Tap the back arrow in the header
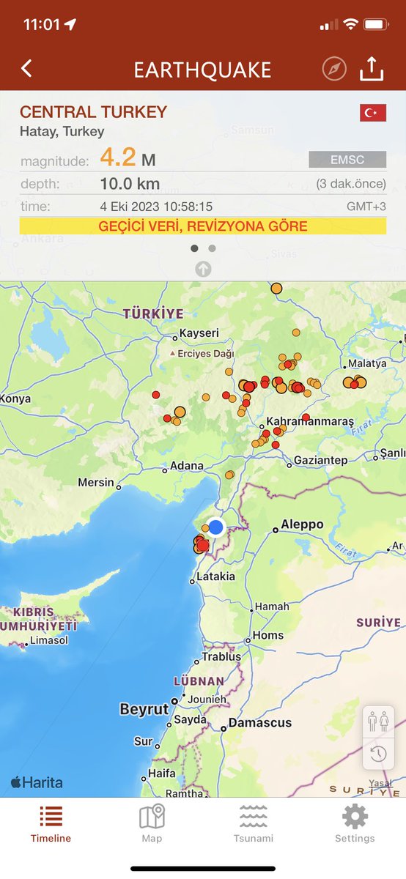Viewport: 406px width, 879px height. pos(26,69)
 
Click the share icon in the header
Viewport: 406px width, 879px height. pos(372,69)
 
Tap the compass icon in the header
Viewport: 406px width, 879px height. pos(334,69)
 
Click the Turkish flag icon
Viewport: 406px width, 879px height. pos(372,113)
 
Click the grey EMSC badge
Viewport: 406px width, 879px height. pos(347,159)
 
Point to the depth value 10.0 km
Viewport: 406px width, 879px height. pos(130,183)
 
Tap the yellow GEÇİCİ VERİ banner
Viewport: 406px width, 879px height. pos(203,226)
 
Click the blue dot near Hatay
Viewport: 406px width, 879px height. pos(215,527)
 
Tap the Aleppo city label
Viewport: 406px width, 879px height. pos(302,524)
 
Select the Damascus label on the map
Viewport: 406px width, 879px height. pos(260,723)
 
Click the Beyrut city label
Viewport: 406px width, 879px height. pos(144,710)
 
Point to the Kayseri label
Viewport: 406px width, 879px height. pos(199,334)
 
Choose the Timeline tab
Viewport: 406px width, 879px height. pos(51,824)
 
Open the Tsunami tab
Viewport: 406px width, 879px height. pos(253,824)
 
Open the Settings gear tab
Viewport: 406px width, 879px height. pos(355,824)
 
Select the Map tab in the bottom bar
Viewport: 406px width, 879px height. pos(152,824)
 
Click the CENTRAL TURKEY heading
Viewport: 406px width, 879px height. pos(93,113)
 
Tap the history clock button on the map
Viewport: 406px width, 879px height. pos(378,754)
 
